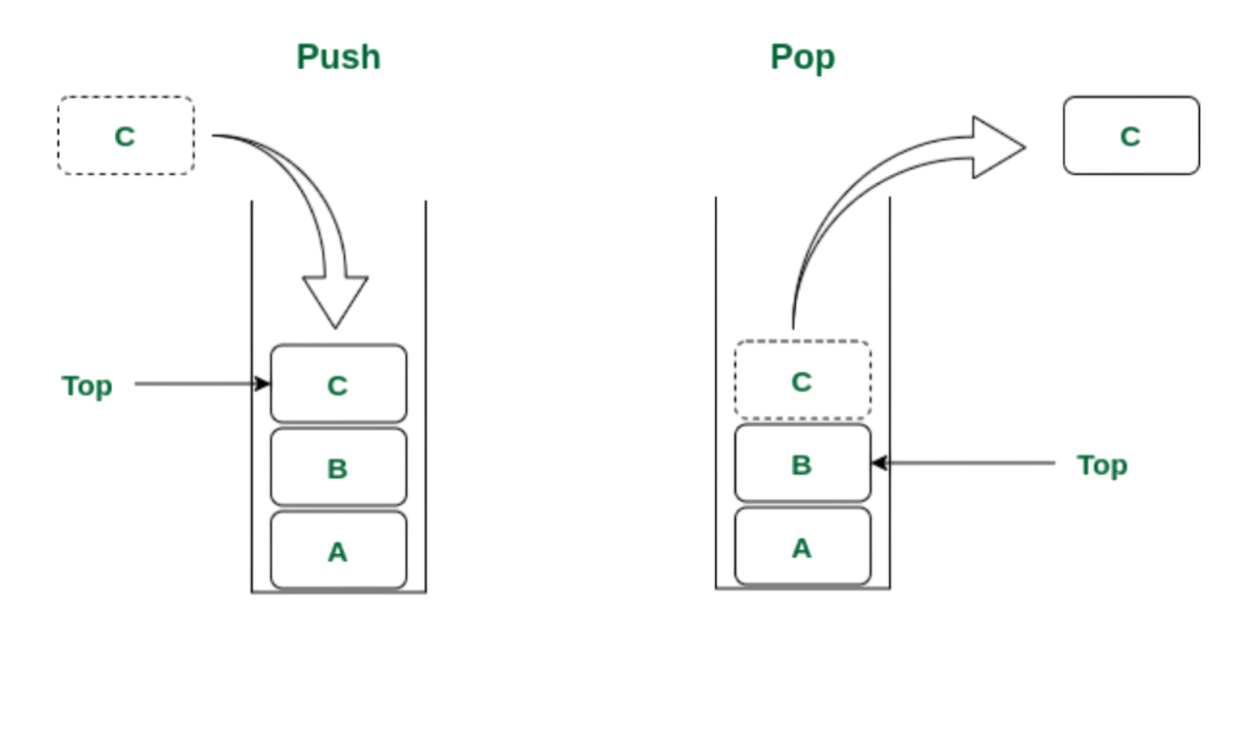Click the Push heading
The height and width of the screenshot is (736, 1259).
click(x=337, y=57)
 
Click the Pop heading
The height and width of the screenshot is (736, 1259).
click(x=802, y=57)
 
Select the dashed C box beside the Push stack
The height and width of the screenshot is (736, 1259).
click(x=126, y=136)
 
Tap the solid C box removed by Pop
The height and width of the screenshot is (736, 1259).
click(x=1131, y=136)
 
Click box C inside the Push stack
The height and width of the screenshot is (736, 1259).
click(x=338, y=384)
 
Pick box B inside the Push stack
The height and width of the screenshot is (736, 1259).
click(x=338, y=467)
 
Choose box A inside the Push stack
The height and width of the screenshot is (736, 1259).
click(x=338, y=551)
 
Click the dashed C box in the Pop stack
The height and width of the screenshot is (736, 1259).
click(x=803, y=380)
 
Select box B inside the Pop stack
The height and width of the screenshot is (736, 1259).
click(x=803, y=463)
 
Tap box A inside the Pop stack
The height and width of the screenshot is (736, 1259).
click(x=803, y=547)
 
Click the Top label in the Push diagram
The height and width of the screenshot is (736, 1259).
click(x=87, y=386)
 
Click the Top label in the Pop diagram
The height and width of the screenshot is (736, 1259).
click(x=1102, y=464)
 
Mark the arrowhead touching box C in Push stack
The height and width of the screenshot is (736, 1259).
click(x=263, y=384)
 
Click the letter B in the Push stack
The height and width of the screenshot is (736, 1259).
click(x=337, y=468)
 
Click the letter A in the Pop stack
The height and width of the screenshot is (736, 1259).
click(x=802, y=548)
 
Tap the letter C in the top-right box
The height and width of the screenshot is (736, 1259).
click(x=1130, y=137)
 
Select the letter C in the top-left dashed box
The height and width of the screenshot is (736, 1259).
click(x=124, y=137)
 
